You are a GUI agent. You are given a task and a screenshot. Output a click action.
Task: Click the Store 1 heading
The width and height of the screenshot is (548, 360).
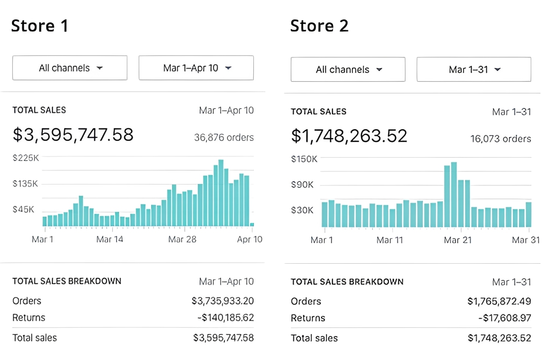pyautogui.click(x=40, y=26)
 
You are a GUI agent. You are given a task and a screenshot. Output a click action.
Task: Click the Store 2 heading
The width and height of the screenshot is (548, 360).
pyautogui.click(x=319, y=26)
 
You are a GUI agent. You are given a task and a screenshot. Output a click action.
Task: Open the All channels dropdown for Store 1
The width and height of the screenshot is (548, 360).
pyautogui.click(x=70, y=68)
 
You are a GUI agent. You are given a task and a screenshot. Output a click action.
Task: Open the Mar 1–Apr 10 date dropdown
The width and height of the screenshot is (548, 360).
pyautogui.click(x=196, y=68)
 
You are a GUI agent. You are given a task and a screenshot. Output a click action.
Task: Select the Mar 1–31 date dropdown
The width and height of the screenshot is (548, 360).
pyautogui.click(x=474, y=70)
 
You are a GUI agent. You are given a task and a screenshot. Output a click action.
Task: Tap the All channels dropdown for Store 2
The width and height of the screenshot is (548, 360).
pyautogui.click(x=348, y=70)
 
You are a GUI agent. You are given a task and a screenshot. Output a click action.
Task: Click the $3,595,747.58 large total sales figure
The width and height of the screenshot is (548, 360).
pyautogui.click(x=73, y=135)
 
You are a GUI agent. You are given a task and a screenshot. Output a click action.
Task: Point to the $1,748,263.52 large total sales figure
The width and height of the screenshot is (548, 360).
pyautogui.click(x=349, y=136)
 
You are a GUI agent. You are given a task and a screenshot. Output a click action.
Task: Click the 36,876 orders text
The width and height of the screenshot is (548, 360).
pyautogui.click(x=223, y=138)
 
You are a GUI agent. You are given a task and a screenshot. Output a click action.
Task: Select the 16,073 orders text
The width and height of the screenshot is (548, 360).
pyautogui.click(x=500, y=139)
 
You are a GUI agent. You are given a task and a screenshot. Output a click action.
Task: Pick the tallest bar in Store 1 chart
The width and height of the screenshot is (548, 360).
pyautogui.click(x=221, y=193)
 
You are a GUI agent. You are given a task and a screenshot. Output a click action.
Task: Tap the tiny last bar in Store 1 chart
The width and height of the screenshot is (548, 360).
pyautogui.click(x=252, y=224)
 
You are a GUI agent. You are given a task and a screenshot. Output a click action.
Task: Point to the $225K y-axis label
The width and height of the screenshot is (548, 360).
pyautogui.click(x=26, y=158)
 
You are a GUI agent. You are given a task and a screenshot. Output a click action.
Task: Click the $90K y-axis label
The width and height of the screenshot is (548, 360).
pyautogui.click(x=302, y=185)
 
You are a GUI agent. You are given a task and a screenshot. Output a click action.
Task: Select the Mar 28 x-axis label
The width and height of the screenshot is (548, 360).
pyautogui.click(x=182, y=239)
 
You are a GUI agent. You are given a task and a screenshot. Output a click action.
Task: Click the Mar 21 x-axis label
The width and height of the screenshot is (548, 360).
pyautogui.click(x=458, y=240)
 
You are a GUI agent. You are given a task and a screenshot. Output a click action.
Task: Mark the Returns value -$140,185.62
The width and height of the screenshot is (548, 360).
pyautogui.click(x=223, y=318)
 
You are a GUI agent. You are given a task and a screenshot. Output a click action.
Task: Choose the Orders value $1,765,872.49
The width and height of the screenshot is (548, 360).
pyautogui.click(x=499, y=301)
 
